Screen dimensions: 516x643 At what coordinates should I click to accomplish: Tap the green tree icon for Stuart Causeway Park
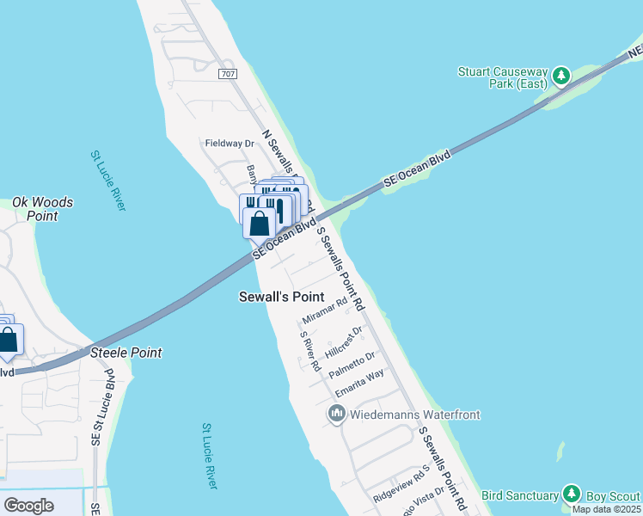(562, 77)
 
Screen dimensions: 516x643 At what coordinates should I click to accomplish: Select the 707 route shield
(227, 75)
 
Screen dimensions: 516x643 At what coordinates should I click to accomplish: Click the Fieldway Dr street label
(230, 144)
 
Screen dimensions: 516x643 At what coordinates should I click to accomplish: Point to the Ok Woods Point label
(42, 209)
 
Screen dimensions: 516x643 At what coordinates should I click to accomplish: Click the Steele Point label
(126, 353)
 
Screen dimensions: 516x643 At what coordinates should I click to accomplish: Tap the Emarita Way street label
(359, 384)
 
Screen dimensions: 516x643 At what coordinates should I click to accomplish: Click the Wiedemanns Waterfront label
(414, 415)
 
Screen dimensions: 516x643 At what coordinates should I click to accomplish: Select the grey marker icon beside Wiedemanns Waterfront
(336, 415)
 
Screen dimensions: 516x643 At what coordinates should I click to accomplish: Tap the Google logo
(29, 506)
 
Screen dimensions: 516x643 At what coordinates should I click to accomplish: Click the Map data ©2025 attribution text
(606, 509)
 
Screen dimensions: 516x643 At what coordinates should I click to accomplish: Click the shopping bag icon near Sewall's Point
(259, 223)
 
